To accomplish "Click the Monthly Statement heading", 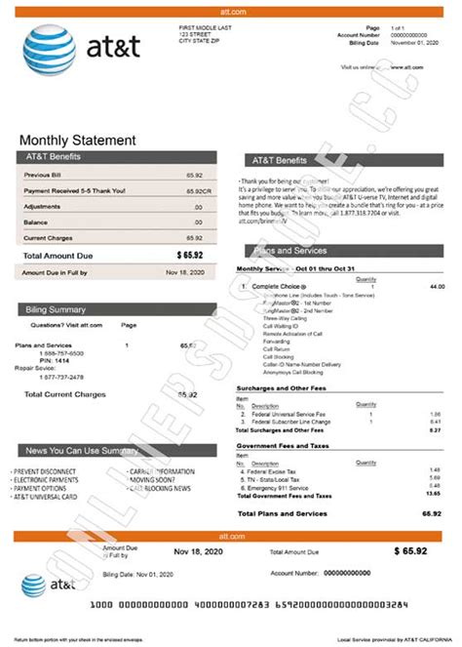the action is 77,141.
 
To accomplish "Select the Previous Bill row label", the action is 44,175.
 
